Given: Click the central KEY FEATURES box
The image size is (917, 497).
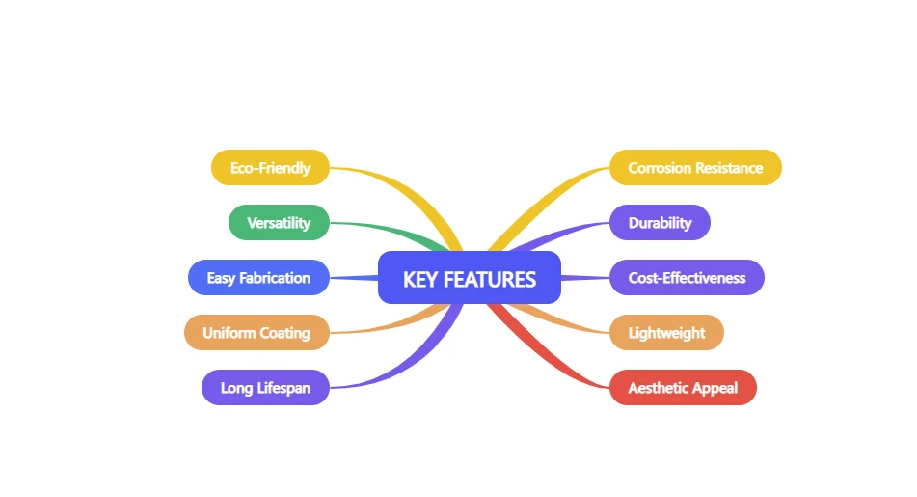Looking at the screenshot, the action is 470,278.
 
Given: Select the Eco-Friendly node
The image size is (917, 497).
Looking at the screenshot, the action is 270,167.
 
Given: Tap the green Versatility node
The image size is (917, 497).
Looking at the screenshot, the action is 279,223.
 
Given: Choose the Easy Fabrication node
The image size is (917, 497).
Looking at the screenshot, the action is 258,278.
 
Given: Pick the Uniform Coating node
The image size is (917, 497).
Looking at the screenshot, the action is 256,333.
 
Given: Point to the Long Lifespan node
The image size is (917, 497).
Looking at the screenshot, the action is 265,388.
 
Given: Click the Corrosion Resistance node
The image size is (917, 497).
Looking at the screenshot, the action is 695,167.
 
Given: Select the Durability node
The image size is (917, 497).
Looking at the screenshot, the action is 660,223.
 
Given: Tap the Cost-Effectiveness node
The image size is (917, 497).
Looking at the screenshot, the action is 687,278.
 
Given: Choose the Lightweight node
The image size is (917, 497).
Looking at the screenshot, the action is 666,333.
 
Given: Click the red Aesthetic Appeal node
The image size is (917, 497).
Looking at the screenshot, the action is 683,388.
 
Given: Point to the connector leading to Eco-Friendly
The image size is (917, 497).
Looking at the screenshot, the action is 410,193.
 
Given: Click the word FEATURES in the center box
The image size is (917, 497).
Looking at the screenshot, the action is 490,279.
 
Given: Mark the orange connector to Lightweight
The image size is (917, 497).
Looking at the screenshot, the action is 558,319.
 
